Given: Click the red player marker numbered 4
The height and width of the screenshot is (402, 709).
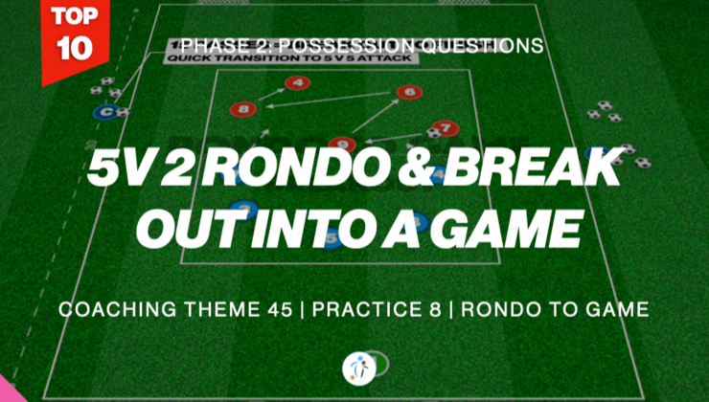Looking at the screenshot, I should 298,84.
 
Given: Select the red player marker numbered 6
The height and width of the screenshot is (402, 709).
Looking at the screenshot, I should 408,93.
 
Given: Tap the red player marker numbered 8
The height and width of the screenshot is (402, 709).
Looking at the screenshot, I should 243,110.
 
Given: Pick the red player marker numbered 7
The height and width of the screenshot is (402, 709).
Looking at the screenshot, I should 444,126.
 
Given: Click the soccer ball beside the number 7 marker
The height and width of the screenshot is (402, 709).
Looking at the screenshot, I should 432,133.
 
